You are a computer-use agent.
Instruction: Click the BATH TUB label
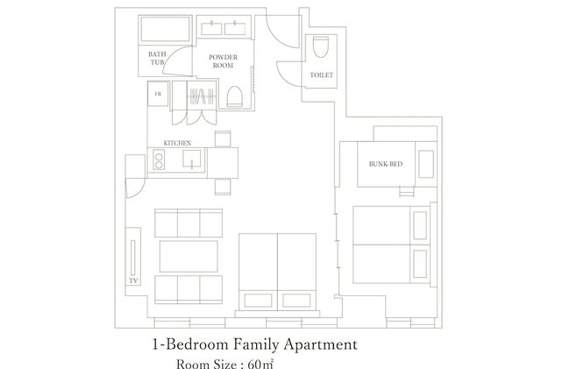coord(157,58)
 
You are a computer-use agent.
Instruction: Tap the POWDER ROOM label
coord(223,61)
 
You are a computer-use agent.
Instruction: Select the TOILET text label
coord(321,75)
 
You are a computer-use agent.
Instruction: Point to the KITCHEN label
coord(177,143)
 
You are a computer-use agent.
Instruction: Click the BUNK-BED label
coord(386,164)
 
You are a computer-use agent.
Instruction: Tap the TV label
coord(133,280)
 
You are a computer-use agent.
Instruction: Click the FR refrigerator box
coord(158,94)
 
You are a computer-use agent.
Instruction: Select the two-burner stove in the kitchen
coord(159,160)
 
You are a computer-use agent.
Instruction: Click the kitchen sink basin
coord(191,159)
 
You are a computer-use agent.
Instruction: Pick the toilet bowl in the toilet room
coord(321,46)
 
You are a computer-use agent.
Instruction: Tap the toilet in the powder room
coord(234,96)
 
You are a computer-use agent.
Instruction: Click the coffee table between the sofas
coord(189,256)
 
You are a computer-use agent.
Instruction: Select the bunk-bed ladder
coord(407,191)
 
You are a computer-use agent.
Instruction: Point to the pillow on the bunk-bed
coord(426,164)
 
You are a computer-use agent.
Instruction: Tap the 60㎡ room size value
coord(260,364)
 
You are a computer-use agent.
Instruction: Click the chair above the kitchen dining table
coord(223,139)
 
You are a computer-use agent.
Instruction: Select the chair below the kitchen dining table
coord(223,187)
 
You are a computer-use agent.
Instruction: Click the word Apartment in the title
coord(321,345)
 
